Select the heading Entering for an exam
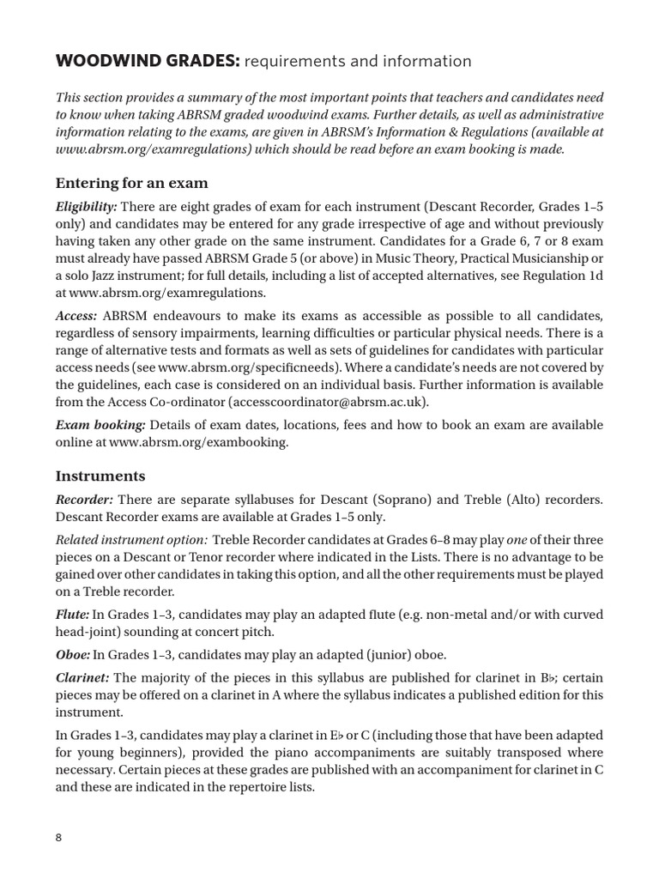pyautogui.click(x=131, y=183)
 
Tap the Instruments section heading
pyautogui.click(x=100, y=476)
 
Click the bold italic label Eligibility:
pyautogui.click(x=87, y=207)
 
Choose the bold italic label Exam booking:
pyautogui.click(x=100, y=425)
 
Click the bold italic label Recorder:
pyautogui.click(x=83, y=500)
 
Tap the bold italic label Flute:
pyautogui.click(x=72, y=615)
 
